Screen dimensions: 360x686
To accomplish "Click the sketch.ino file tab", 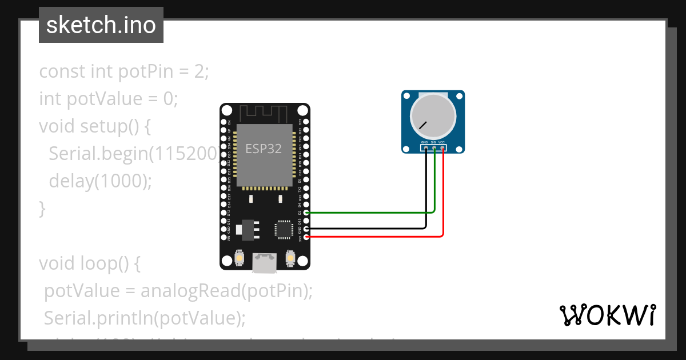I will pyautogui.click(x=101, y=25).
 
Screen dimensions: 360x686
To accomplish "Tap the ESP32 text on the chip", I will pyautogui.click(x=264, y=149).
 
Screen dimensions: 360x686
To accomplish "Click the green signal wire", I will pyautogui.click(x=372, y=213).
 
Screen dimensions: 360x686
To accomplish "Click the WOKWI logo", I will pyautogui.click(x=607, y=315).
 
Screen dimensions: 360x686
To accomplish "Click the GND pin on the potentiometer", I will pyautogui.click(x=426, y=149).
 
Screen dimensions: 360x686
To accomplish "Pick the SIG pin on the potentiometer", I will pyautogui.click(x=434, y=149).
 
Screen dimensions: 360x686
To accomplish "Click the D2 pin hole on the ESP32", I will pyautogui.click(x=307, y=213).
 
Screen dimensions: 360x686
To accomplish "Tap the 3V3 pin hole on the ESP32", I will pyautogui.click(x=307, y=236).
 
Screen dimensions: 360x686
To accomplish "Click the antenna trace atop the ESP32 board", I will pyautogui.click(x=265, y=113).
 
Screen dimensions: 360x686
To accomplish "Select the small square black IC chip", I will pyautogui.click(x=284, y=229).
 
